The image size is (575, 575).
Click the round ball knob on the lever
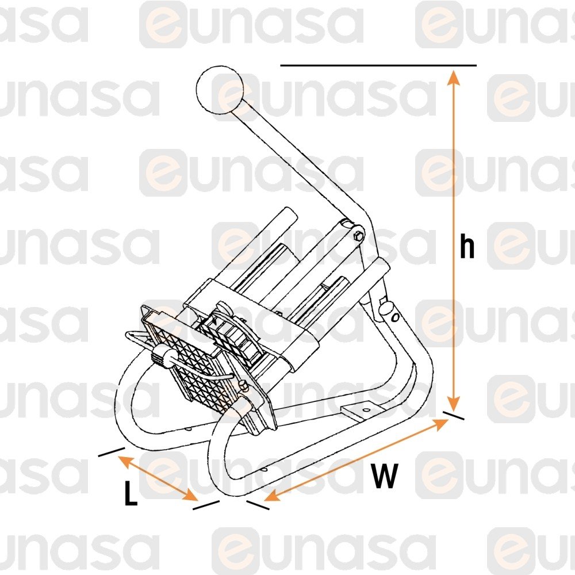pyautogui.click(x=220, y=89)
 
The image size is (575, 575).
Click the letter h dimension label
pyautogui.click(x=467, y=247)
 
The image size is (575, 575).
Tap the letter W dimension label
pyautogui.click(x=384, y=476)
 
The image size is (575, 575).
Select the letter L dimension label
pyautogui.click(x=131, y=493)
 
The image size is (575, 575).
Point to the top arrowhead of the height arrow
pyautogui.click(x=454, y=76)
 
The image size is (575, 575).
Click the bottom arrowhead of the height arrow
pyautogui.click(x=454, y=404)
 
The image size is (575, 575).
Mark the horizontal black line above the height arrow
pyautogui.click(x=378, y=66)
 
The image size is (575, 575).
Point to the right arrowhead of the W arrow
pyautogui.click(x=441, y=424)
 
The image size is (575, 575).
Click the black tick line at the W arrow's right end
pyautogui.click(x=453, y=416)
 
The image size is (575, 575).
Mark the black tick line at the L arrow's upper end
pyautogui.click(x=112, y=452)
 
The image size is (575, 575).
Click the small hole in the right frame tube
pyautogui.click(x=395, y=317)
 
